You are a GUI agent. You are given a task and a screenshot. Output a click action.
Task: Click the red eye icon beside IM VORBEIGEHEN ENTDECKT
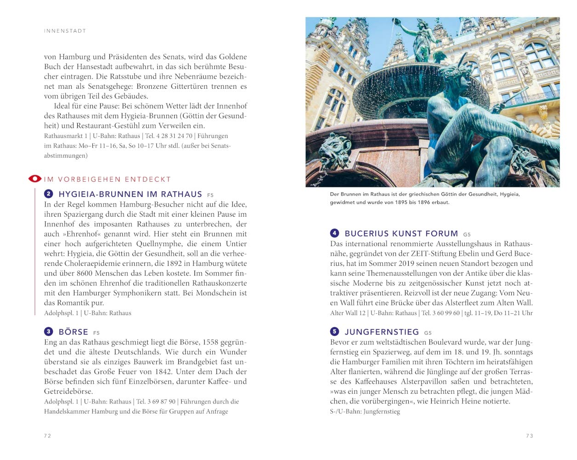coord(35,179)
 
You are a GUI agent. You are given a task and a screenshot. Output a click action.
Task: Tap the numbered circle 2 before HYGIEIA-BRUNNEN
coord(49,194)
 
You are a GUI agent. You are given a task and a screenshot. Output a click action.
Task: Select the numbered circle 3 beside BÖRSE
coord(49,332)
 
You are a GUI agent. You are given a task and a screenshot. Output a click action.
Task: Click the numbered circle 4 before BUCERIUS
coord(335,233)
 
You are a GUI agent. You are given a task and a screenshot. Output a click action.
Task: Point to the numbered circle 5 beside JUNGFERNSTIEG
coord(335,332)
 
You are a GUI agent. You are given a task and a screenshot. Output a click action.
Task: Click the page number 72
coord(47,436)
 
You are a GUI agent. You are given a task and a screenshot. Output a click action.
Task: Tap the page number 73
coord(530,436)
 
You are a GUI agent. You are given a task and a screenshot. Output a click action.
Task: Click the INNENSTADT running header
coord(65,31)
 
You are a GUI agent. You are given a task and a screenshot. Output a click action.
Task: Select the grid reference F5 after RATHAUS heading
coord(211,195)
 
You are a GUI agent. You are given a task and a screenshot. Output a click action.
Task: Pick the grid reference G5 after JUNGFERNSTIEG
coord(428,333)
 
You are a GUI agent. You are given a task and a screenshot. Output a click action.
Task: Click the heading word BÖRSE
coord(74,332)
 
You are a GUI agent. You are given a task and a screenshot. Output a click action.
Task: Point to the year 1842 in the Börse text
coord(161,372)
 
